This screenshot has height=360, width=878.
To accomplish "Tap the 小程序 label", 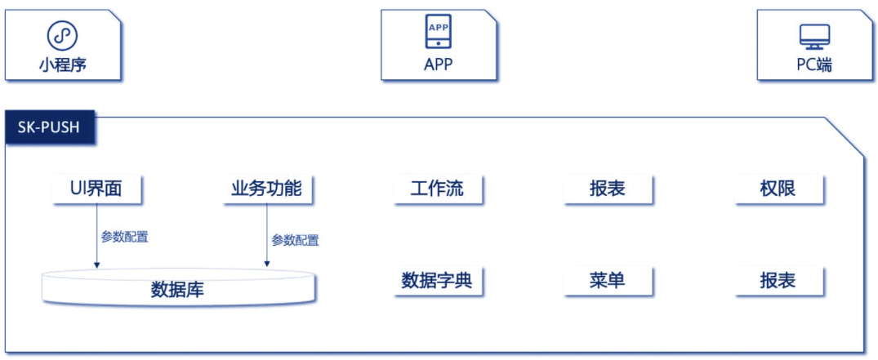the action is (x=63, y=65).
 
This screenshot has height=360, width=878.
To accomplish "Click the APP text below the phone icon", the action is (x=438, y=64).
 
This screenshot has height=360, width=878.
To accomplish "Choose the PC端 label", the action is (x=815, y=65).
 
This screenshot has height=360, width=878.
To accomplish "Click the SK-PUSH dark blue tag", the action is (x=49, y=127).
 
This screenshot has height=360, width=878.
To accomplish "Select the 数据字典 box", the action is (x=437, y=281).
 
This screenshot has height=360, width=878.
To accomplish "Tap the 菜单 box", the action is (x=608, y=281).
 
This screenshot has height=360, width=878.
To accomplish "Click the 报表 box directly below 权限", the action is (x=779, y=281).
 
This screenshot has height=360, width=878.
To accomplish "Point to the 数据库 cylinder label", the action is (x=177, y=290).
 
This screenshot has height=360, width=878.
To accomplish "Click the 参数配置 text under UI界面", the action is (x=125, y=237).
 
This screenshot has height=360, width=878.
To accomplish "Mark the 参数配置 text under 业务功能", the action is (x=296, y=241).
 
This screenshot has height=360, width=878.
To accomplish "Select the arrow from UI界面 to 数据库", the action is (x=97, y=235).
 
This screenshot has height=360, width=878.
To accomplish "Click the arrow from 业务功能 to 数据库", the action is (x=267, y=235).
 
